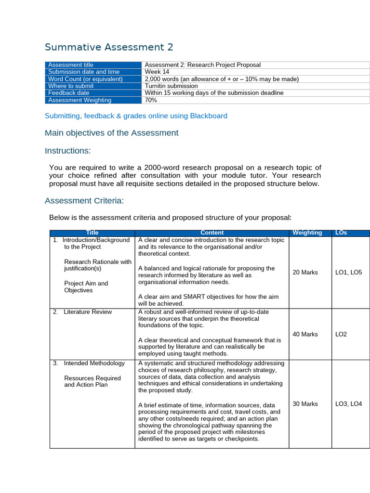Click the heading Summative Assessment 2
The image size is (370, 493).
click(108, 47)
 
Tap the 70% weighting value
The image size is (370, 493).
click(151, 100)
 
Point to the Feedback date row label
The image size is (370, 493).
click(68, 93)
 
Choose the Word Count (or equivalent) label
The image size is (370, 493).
click(85, 79)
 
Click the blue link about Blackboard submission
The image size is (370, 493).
click(136, 116)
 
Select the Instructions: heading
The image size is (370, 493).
click(67, 151)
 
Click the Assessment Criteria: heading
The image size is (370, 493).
click(84, 201)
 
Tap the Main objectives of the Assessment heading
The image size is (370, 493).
click(111, 133)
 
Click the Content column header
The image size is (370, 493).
click(211, 233)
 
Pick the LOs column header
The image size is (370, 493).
click(341, 233)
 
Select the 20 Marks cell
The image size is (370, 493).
click(305, 272)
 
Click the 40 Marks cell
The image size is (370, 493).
click(305, 334)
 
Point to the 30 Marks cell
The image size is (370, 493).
click(305, 404)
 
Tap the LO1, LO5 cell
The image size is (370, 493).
click(348, 272)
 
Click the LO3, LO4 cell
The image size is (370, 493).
click(348, 404)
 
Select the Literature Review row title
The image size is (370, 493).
click(87, 312)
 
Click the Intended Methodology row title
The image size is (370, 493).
click(94, 363)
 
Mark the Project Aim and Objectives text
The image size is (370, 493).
click(86, 287)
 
